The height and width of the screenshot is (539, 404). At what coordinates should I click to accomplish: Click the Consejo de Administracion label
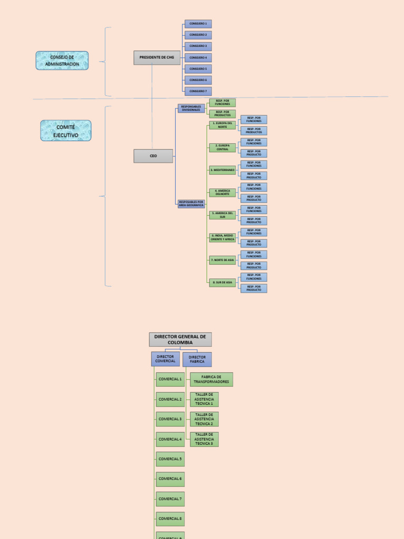pyautogui.click(x=62, y=61)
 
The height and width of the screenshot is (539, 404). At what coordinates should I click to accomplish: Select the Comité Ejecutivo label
pyautogui.click(x=66, y=131)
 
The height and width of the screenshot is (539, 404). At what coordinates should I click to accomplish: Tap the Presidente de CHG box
pyautogui.click(x=157, y=57)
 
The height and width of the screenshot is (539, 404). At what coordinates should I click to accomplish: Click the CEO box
pyautogui.click(x=153, y=156)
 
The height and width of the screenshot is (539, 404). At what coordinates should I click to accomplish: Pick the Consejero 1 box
pyautogui.click(x=198, y=24)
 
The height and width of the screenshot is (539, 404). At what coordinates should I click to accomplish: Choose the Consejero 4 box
pyautogui.click(x=198, y=57)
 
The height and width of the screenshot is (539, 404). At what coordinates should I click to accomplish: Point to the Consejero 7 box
pyautogui.click(x=198, y=91)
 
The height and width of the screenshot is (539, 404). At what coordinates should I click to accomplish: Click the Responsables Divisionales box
pyautogui.click(x=191, y=108)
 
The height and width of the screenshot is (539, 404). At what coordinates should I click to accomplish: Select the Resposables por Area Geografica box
pyautogui.click(x=191, y=204)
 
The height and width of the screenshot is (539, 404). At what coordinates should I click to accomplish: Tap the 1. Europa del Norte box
pyautogui.click(x=222, y=125)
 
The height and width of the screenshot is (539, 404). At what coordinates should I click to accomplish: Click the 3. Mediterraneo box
pyautogui.click(x=222, y=170)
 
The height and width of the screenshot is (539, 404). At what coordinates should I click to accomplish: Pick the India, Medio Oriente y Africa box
pyautogui.click(x=222, y=237)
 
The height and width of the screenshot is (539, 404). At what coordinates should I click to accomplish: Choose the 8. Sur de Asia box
pyautogui.click(x=222, y=282)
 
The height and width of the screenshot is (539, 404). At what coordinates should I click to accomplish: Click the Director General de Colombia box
pyautogui.click(x=180, y=339)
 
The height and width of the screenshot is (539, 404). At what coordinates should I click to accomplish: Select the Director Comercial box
pyautogui.click(x=165, y=359)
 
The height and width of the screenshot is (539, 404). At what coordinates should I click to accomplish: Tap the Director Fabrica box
pyautogui.click(x=197, y=359)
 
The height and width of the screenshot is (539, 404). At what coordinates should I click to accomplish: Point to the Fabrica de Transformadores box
pyautogui.click(x=211, y=380)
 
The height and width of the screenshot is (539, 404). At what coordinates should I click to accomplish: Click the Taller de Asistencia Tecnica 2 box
pyautogui.click(x=204, y=419)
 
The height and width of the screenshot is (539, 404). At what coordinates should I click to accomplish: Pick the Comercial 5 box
pyautogui.click(x=170, y=459)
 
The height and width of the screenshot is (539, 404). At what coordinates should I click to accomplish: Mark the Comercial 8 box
pyautogui.click(x=170, y=518)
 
